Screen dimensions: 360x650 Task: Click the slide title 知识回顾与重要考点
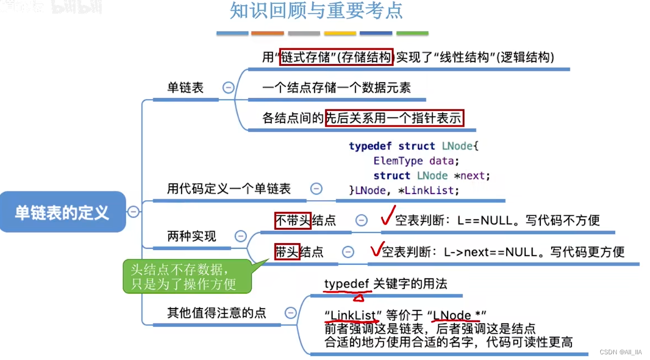316,11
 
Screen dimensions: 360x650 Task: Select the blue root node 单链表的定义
62,212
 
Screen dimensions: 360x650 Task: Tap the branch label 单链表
185,88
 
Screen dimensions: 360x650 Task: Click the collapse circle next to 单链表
228,88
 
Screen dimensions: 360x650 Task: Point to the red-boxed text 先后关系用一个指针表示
394,118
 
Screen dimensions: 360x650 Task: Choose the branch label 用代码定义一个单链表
229,189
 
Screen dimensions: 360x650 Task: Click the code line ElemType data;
416,161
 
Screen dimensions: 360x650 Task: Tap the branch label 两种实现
191,236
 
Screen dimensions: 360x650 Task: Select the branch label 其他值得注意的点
216,312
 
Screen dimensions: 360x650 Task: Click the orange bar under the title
268,34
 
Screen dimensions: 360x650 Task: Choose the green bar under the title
412,34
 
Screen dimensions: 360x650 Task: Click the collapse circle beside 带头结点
348,252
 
